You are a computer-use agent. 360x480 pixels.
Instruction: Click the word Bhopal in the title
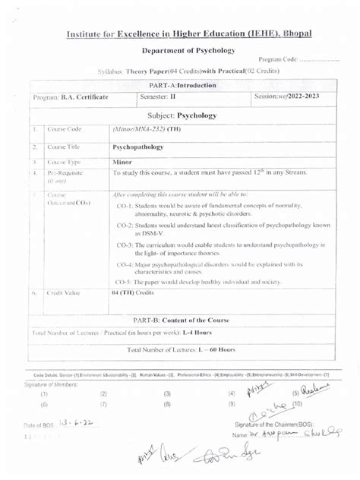294,35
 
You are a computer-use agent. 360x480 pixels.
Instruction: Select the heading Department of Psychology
190,50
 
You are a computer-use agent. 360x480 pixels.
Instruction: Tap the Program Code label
278,60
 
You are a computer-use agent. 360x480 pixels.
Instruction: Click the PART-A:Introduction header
183,85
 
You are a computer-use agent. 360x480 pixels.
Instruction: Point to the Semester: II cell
158,97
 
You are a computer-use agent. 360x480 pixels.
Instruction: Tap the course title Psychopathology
137,147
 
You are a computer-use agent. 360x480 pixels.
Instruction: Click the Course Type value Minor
122,162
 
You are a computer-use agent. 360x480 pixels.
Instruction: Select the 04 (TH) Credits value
132,292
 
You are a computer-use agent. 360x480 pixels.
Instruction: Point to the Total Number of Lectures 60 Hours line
182,349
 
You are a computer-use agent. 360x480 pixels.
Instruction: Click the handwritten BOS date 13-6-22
77,427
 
